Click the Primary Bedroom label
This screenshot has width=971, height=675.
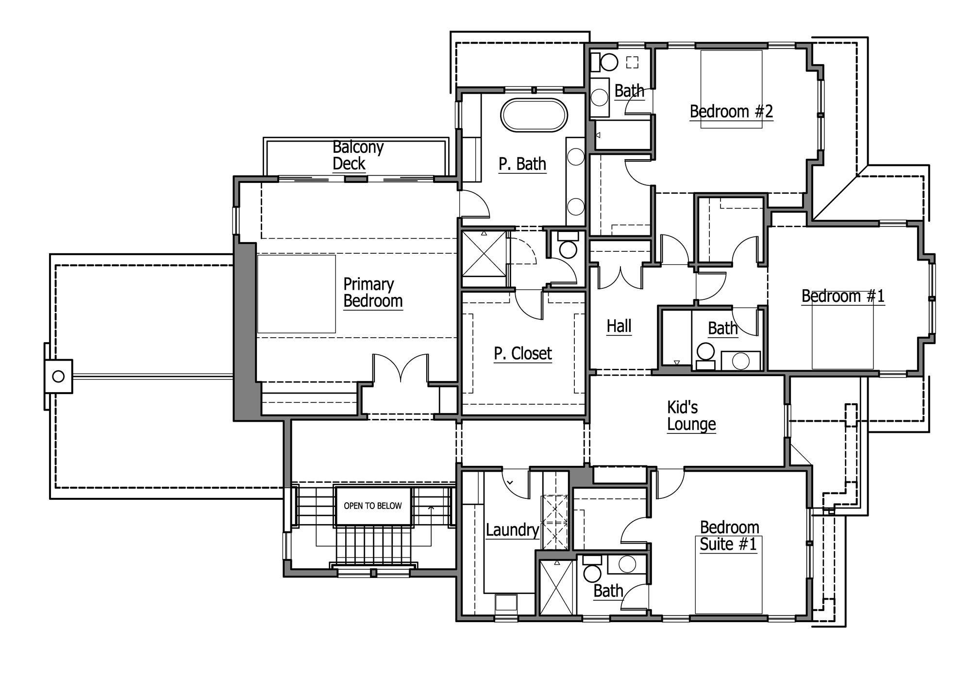click(x=373, y=293)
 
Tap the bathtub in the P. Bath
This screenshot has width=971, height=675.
click(x=534, y=115)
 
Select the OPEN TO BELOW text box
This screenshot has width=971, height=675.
click(x=373, y=506)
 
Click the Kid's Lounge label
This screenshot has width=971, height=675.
click(x=691, y=415)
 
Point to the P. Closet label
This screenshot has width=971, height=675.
click(x=523, y=354)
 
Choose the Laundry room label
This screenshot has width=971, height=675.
click(x=513, y=530)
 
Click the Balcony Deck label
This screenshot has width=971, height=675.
click(x=358, y=155)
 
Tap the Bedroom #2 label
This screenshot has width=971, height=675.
click(x=731, y=112)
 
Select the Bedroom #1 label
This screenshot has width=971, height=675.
click(x=843, y=296)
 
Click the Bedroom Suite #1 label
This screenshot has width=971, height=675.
click(x=728, y=536)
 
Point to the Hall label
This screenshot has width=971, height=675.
click(x=619, y=326)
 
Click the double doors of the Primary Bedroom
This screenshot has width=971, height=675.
click(x=401, y=368)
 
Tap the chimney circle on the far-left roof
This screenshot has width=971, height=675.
click(x=58, y=376)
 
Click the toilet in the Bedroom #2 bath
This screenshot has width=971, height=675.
click(x=605, y=62)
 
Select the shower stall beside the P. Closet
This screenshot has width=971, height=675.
click(x=484, y=253)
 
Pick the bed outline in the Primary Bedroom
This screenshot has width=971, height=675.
click(x=296, y=294)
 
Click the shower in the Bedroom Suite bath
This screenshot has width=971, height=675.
click(x=557, y=587)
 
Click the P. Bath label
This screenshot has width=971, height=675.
click(x=522, y=164)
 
